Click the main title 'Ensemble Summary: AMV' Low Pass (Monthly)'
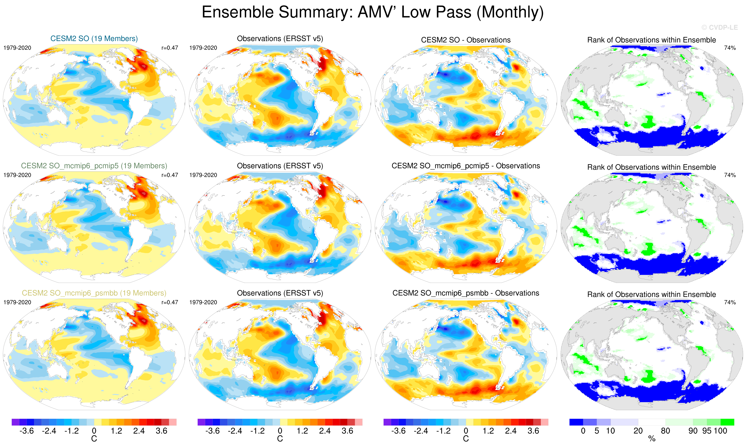[x=373, y=13]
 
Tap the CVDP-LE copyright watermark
[x=719, y=28]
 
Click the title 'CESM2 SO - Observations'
[x=466, y=40]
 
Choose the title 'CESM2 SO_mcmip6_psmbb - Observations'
[x=466, y=293]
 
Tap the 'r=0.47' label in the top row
[x=170, y=48]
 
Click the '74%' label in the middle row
[x=730, y=175]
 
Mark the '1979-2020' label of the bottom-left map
[x=17, y=302]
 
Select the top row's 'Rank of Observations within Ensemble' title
[x=651, y=40]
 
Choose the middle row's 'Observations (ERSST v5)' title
[x=280, y=166]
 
